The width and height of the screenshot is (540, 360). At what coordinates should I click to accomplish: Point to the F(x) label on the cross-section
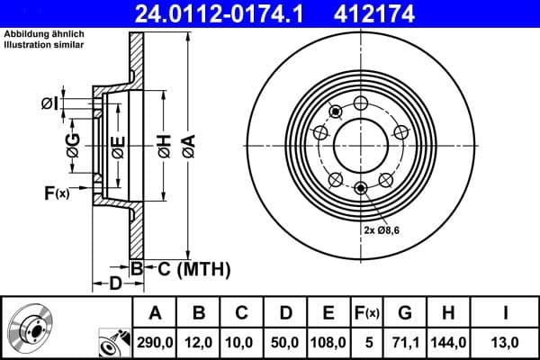(56, 193)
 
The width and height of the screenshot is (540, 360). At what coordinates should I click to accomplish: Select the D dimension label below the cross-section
(115, 284)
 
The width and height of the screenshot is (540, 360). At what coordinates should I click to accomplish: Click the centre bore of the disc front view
(360, 144)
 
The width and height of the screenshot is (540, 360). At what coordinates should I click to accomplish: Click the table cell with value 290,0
(155, 342)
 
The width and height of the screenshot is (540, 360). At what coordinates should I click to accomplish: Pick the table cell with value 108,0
(328, 342)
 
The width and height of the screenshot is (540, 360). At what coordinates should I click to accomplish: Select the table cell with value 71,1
(405, 342)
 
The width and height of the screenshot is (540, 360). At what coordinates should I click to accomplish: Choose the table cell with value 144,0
(449, 342)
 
